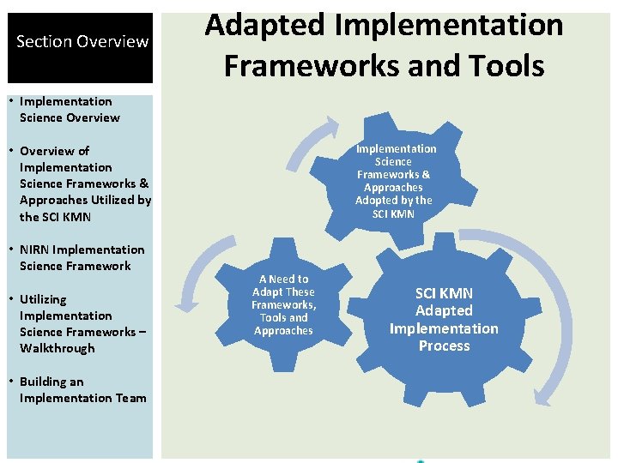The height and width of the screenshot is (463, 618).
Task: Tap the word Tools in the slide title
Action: [x=505, y=64]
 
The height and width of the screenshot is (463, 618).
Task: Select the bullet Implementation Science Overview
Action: [x=69, y=110]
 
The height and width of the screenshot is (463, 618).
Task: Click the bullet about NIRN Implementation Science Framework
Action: [x=82, y=258]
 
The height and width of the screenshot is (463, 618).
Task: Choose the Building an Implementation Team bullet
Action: [x=82, y=390]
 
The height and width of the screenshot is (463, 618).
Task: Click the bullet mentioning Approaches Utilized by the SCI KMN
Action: [x=84, y=183]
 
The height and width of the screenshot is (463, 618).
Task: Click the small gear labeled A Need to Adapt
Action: [x=283, y=304]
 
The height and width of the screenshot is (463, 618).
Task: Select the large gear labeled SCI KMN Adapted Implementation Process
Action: [x=444, y=320]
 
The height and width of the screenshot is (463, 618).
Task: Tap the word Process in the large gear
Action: [x=444, y=346]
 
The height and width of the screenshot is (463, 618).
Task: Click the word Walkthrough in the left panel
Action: [x=58, y=349]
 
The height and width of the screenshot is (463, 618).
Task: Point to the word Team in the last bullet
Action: [x=130, y=399]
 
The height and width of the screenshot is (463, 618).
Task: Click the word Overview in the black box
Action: [x=112, y=42]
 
